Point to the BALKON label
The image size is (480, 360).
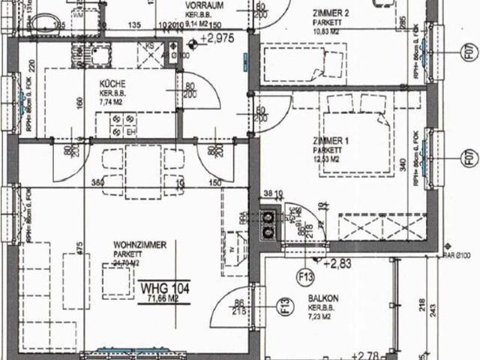(322, 298)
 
